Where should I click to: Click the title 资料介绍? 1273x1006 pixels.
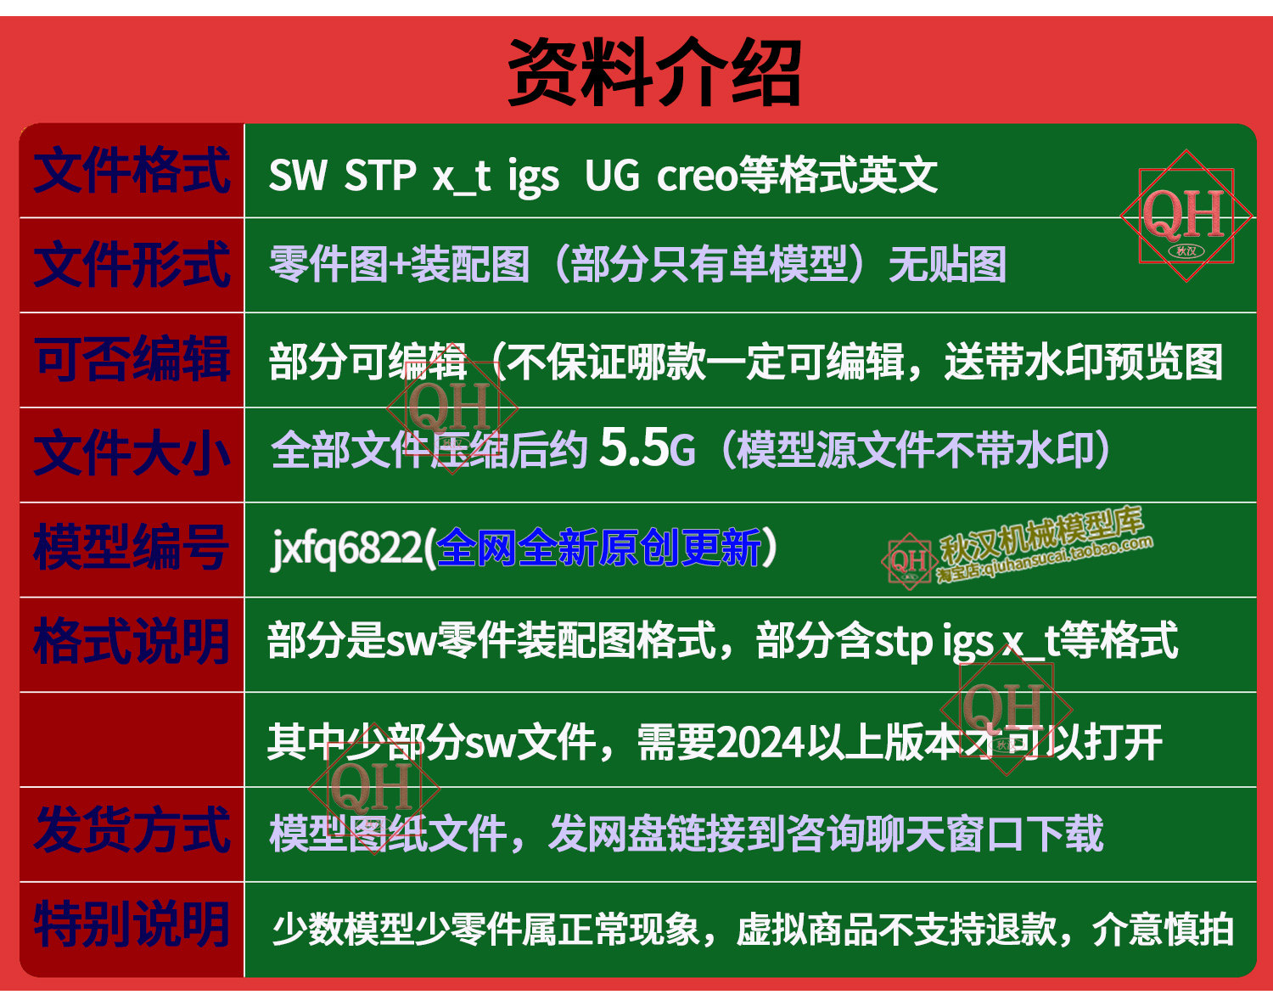(x=654, y=72)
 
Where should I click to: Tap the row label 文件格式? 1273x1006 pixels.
(x=132, y=171)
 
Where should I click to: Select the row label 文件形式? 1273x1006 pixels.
(x=132, y=265)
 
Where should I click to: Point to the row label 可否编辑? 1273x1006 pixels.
(x=132, y=359)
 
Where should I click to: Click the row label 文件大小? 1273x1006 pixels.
(x=132, y=454)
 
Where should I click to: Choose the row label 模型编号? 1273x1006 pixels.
(x=131, y=548)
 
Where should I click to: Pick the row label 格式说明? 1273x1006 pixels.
(x=131, y=642)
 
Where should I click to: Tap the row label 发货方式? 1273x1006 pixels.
(x=132, y=831)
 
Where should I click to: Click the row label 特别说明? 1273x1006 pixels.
(x=131, y=925)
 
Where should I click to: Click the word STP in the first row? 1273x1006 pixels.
(x=379, y=176)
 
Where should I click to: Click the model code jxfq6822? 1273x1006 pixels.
(x=346, y=549)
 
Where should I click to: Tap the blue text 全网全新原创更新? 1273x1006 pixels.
(x=598, y=548)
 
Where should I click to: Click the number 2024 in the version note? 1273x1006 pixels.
(x=760, y=743)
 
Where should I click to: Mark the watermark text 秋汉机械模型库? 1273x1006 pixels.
(x=1041, y=536)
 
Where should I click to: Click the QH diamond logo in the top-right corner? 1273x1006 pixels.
(x=1186, y=216)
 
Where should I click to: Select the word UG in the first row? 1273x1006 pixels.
(x=612, y=176)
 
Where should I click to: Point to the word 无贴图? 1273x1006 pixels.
(x=947, y=265)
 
